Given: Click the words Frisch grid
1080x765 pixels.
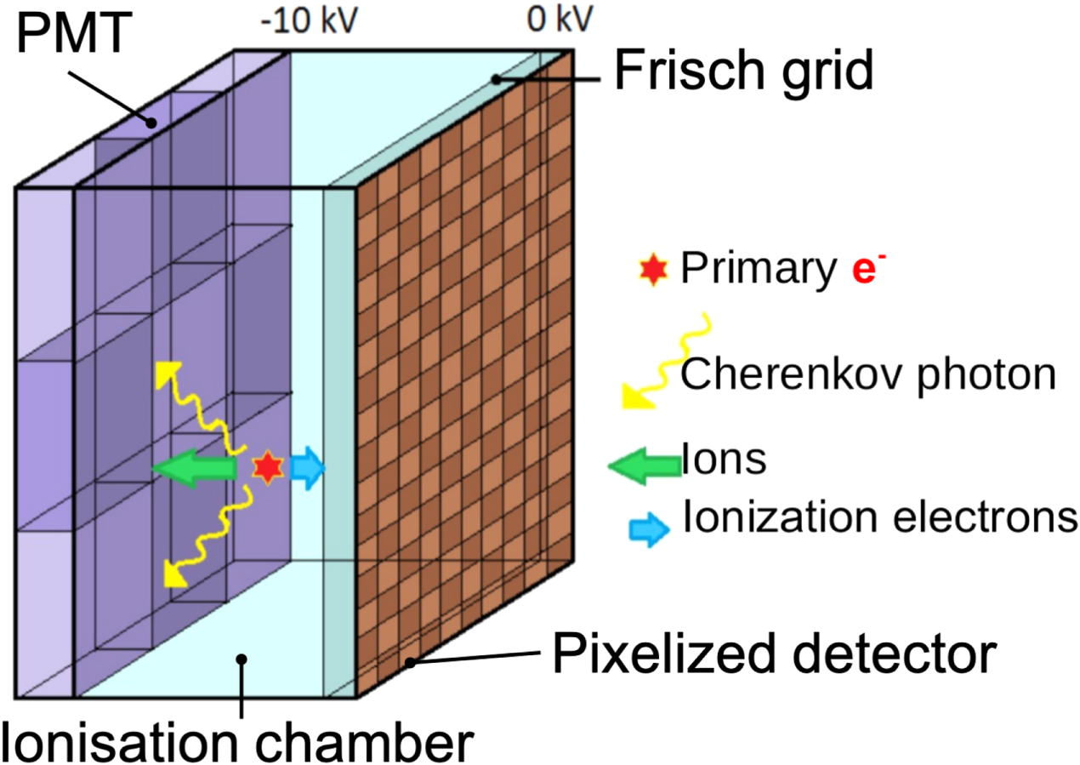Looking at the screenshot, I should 744,70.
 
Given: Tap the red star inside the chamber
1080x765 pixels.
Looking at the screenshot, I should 267,465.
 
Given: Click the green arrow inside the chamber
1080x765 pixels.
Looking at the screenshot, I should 195,467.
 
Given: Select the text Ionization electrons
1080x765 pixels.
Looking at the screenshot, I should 880,518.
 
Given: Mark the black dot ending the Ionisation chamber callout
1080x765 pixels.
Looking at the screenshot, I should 242,657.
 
